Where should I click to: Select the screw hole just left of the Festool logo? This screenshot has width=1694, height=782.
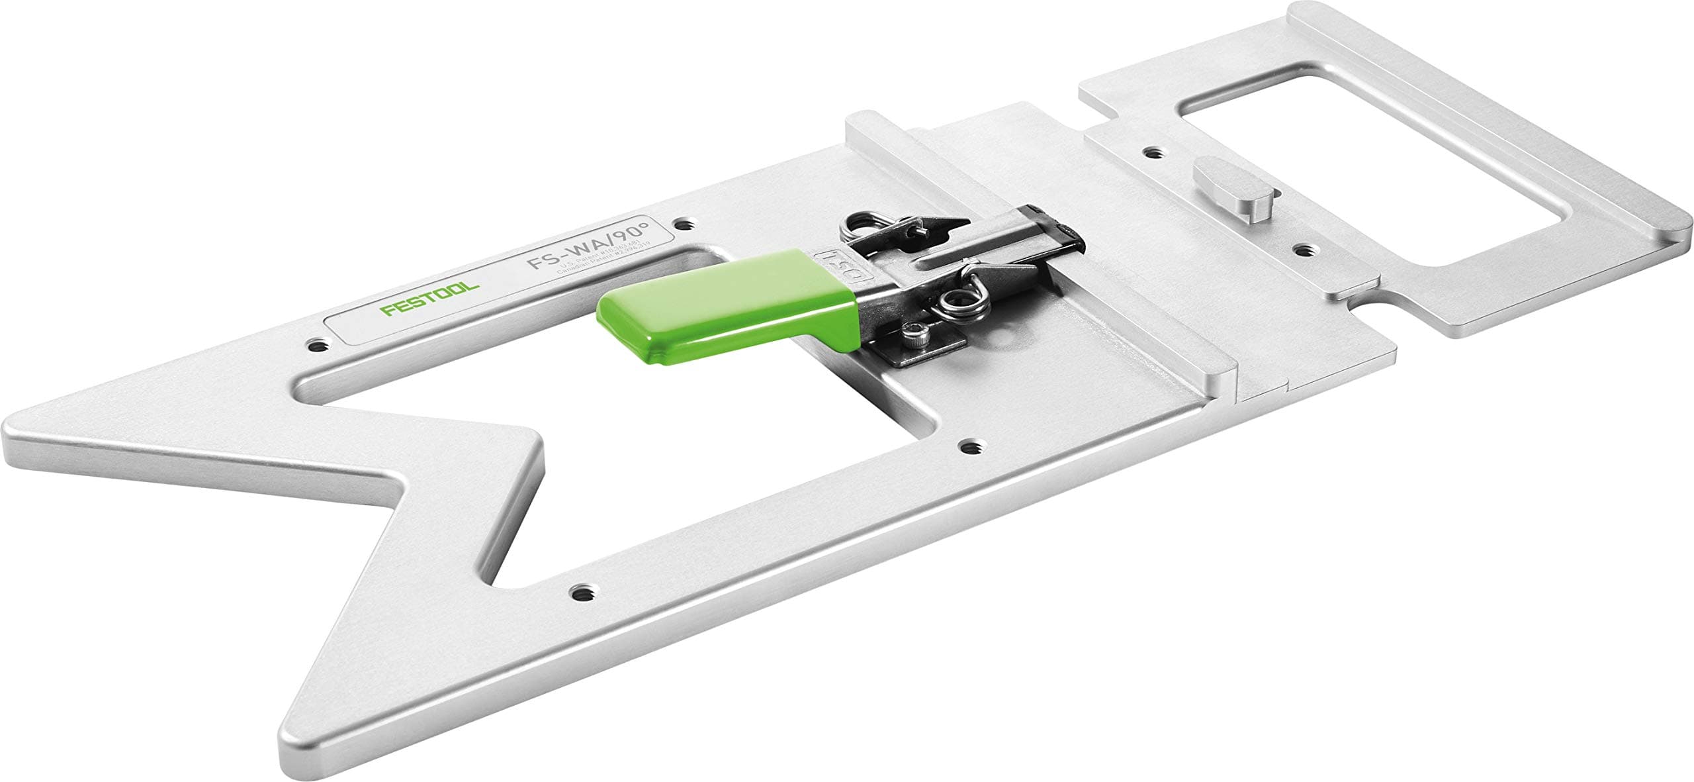coord(320,345)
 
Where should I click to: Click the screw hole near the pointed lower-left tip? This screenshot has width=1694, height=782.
coord(582,591)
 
